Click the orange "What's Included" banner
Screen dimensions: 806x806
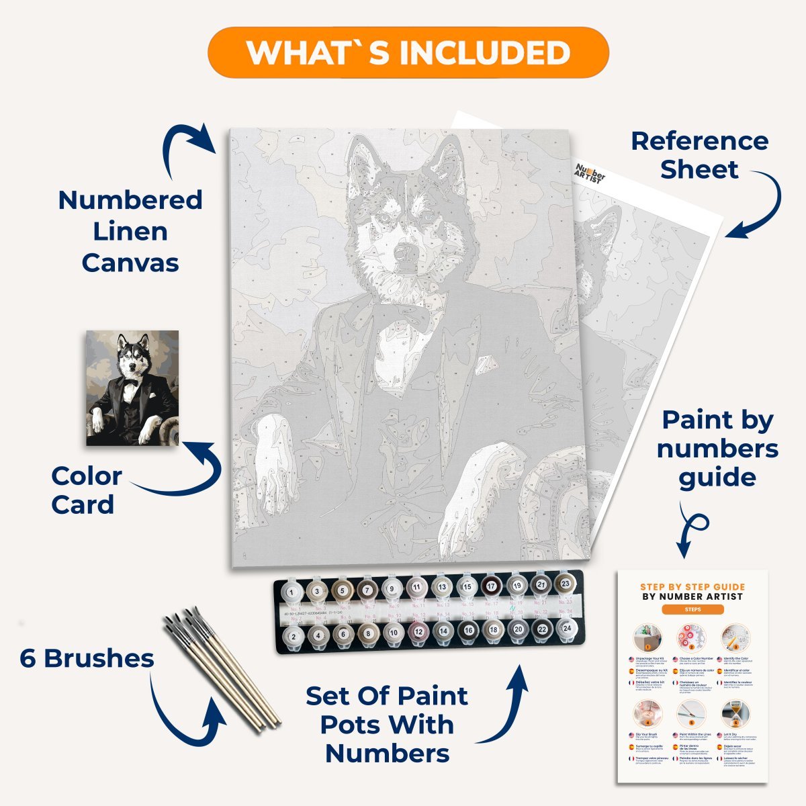(408, 52)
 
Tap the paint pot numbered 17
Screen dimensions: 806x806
(492, 586)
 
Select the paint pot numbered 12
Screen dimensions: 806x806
(418, 632)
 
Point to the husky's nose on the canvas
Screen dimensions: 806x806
(405, 253)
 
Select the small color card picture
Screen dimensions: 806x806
(132, 388)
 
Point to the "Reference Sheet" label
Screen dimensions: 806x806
(699, 155)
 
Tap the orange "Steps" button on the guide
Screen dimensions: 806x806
(692, 610)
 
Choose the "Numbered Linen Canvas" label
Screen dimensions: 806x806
(130, 231)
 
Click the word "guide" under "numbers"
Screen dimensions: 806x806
(717, 478)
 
